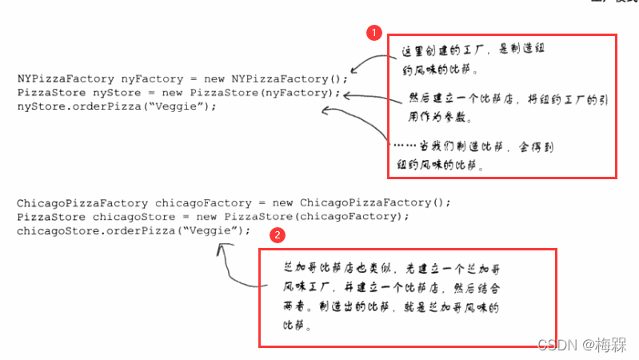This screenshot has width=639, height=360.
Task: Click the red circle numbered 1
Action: point(373,33)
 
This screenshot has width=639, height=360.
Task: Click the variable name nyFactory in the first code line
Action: point(150,78)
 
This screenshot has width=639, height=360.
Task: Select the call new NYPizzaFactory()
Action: point(279,78)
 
